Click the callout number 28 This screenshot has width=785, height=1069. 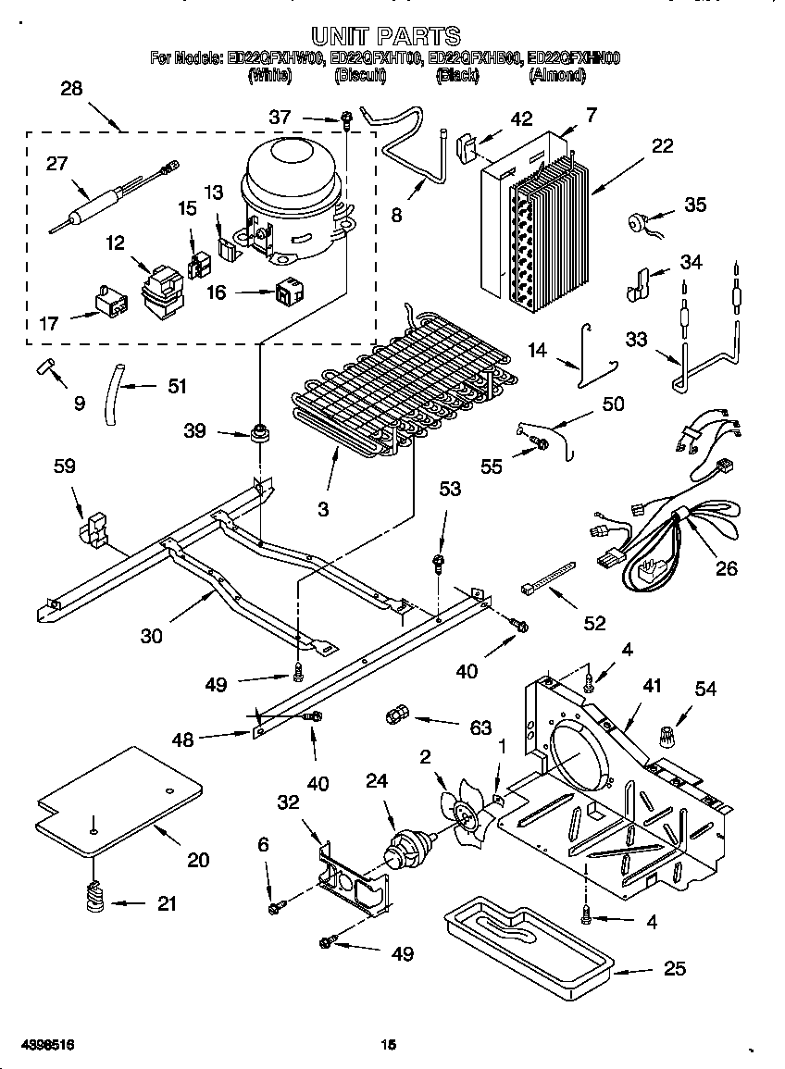click(71, 89)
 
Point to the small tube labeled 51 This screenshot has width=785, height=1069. click(114, 394)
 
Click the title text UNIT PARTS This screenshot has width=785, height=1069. click(384, 35)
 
